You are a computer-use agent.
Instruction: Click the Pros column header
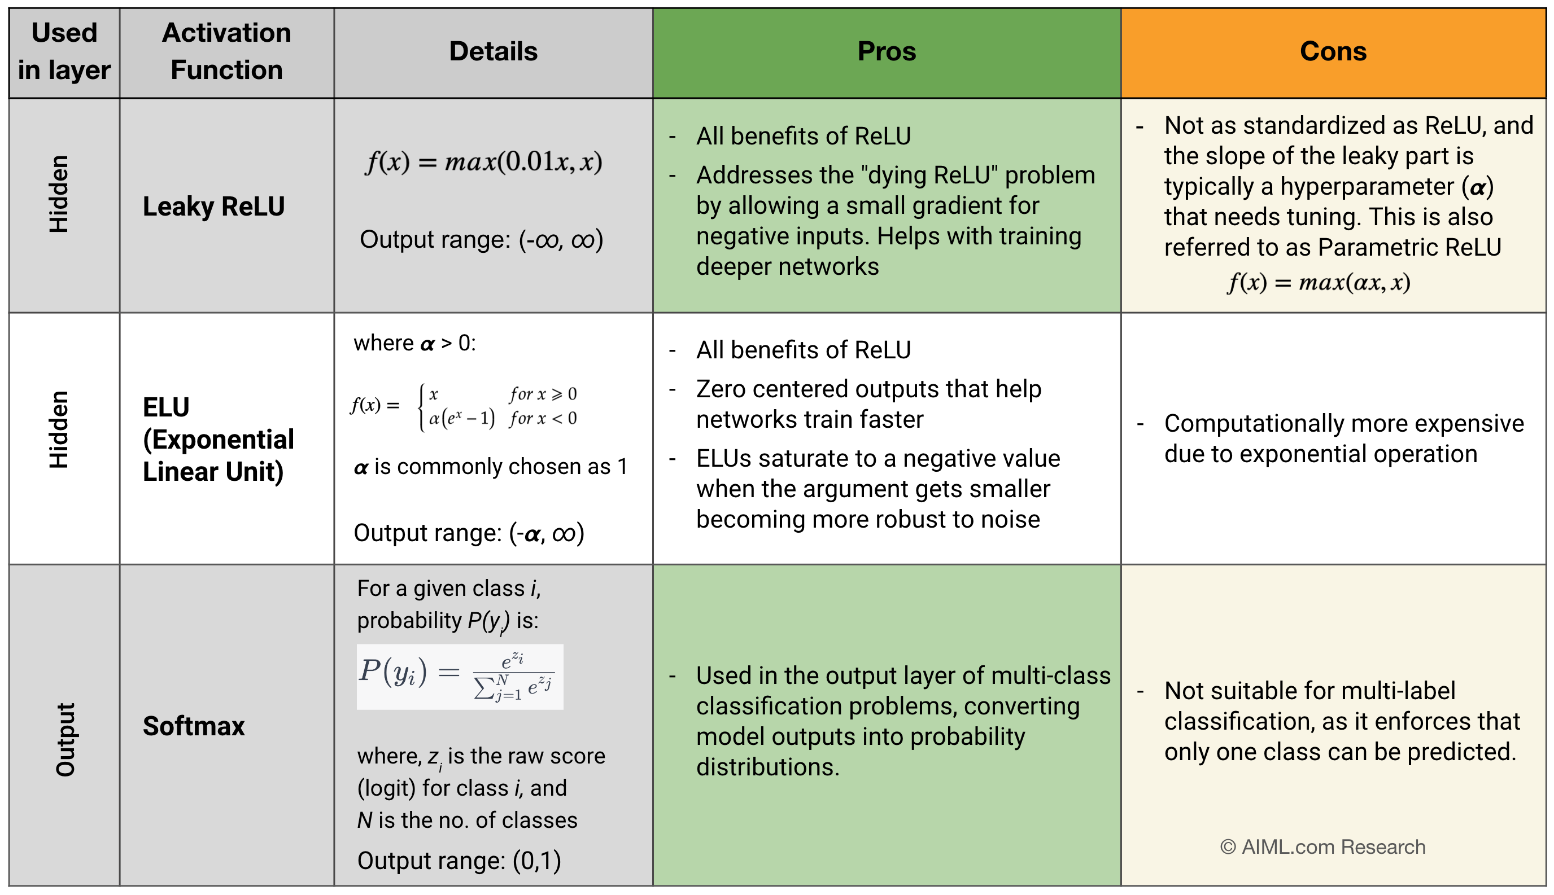pyautogui.click(x=886, y=52)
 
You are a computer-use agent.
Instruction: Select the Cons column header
pyautogui.click(x=1333, y=52)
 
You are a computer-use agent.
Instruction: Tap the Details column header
pyautogui.click(x=493, y=52)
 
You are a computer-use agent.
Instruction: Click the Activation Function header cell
pyautogui.click(x=226, y=52)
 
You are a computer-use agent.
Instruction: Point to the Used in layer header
pyautogui.click(x=64, y=52)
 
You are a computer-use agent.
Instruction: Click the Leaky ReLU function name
pyautogui.click(x=213, y=207)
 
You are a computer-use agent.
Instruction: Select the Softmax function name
pyautogui.click(x=194, y=726)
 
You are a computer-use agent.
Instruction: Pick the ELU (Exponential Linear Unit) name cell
pyautogui.click(x=219, y=439)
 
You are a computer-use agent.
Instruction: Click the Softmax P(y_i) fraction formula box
pyautogui.click(x=460, y=677)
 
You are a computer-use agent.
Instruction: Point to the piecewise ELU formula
pyautogui.click(x=464, y=406)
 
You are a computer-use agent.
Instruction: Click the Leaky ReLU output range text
pyautogui.click(x=481, y=240)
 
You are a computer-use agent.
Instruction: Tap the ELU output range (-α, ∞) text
pyautogui.click(x=469, y=533)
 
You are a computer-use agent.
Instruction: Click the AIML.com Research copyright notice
pyautogui.click(x=1322, y=847)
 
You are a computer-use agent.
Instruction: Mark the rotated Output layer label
pyautogui.click(x=65, y=739)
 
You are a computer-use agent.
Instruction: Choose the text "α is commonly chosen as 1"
pyautogui.click(x=490, y=467)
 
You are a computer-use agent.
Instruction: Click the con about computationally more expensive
pyautogui.click(x=1344, y=439)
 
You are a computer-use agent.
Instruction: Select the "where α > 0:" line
pyautogui.click(x=414, y=343)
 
